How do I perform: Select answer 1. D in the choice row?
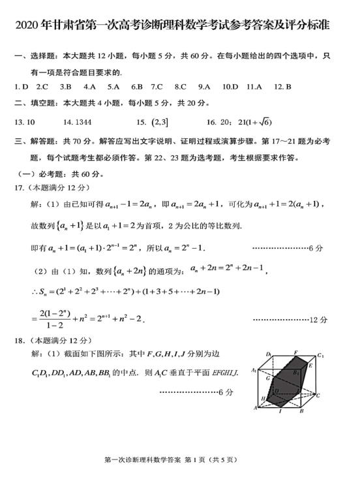[x=21, y=86]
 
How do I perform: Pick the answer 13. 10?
[x=24, y=122]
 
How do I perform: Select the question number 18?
[x=20, y=340]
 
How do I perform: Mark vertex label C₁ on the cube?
[x=320, y=356]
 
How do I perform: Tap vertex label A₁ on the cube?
[x=254, y=371]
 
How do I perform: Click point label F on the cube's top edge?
[x=295, y=352]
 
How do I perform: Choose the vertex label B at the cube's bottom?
[x=301, y=411]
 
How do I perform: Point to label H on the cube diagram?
[x=263, y=397]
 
